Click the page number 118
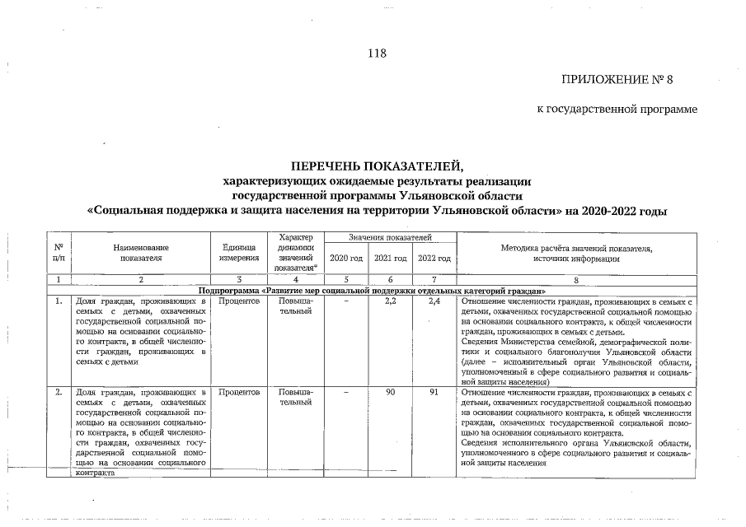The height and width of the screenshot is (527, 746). [377, 54]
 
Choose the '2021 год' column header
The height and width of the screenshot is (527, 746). [390, 259]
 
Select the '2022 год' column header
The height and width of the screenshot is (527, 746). [434, 259]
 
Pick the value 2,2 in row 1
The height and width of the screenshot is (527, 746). [391, 302]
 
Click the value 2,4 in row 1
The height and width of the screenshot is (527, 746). [434, 302]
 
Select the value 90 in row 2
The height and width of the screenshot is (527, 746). [391, 392]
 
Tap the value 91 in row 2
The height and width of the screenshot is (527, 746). [434, 392]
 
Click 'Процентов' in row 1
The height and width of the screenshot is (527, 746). [239, 302]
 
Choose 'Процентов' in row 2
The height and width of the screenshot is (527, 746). [239, 392]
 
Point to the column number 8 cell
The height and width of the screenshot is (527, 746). [576, 280]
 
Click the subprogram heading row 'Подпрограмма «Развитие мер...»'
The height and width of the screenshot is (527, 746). [372, 291]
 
